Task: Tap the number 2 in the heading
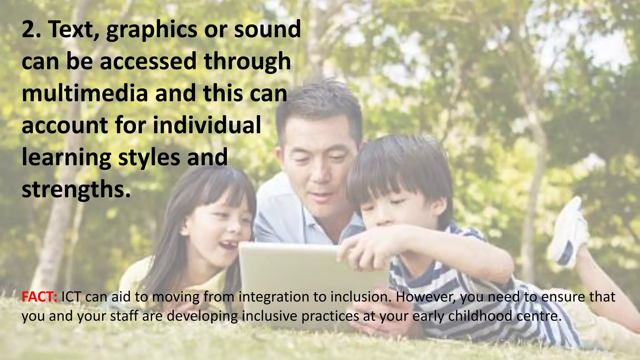click(x=30, y=29)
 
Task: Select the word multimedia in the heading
click(x=85, y=93)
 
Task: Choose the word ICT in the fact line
click(x=71, y=297)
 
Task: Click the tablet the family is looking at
click(x=297, y=275)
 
